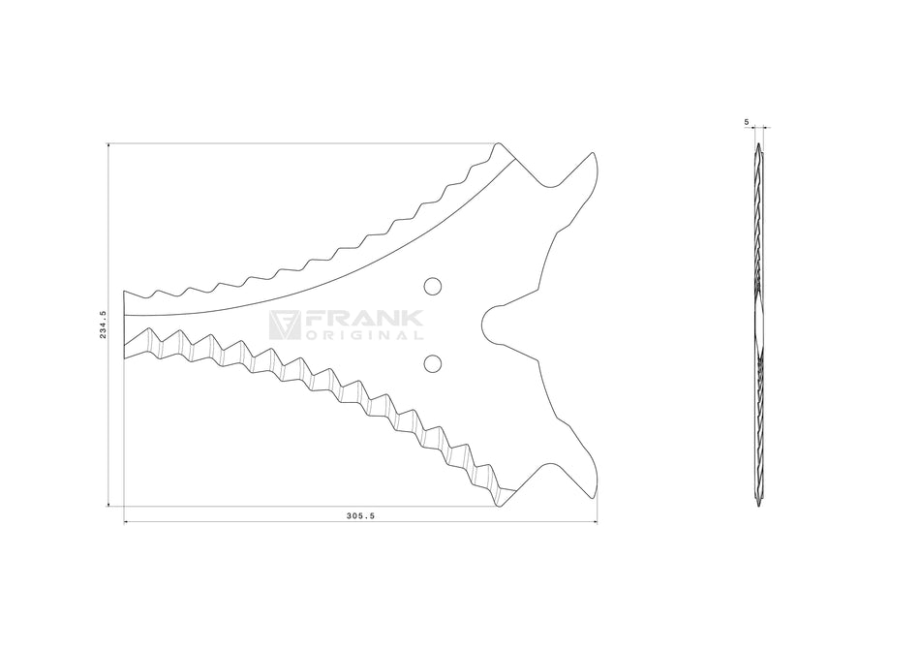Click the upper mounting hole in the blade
[x=433, y=286]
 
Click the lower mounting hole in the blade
[x=433, y=364]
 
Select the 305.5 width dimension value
[x=360, y=516]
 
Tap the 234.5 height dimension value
[x=103, y=325]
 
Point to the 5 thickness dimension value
[x=747, y=122]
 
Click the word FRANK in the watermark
[x=364, y=319]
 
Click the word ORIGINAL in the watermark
[x=364, y=336]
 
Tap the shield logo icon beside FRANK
[x=285, y=325]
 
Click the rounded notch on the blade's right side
[x=490, y=325]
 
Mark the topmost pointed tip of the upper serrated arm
[x=499, y=143]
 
